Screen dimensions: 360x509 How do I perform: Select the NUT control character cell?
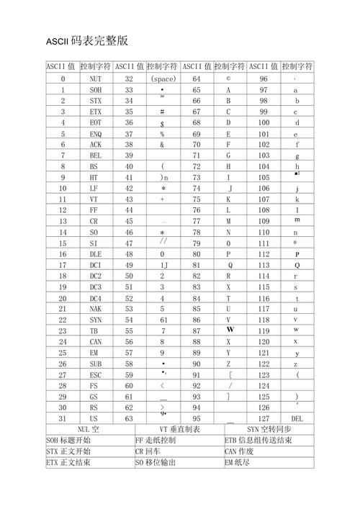pos(96,78)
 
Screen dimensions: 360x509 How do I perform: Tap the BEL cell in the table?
pos(96,155)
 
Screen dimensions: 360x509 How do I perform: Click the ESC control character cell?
pos(96,374)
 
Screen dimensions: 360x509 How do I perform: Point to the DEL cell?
pos(297,418)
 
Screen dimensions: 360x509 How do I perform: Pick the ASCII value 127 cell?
pos(264,418)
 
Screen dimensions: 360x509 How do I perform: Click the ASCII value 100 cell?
pos(264,122)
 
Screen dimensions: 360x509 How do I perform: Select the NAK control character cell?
pos(96,309)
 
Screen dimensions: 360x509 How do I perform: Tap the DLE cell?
pos(96,254)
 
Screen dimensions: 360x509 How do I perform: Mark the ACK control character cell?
pos(96,144)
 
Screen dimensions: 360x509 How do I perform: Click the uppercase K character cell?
pos(228,199)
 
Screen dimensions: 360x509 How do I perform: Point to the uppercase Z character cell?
pos(228,364)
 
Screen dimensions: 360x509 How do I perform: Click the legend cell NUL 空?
pos(89,429)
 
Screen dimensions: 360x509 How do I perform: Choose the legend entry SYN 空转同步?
pos(268,429)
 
